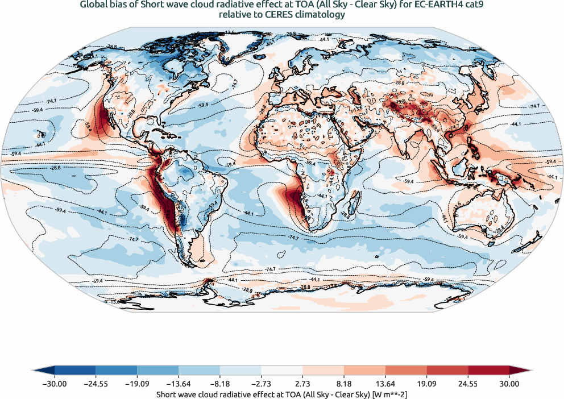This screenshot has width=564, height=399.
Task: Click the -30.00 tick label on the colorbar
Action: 55,384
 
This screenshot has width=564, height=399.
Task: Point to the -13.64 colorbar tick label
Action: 179,384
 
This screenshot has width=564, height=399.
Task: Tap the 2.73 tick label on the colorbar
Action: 302,384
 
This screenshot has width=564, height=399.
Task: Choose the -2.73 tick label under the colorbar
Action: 261,384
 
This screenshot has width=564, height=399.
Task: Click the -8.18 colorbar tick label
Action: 220,384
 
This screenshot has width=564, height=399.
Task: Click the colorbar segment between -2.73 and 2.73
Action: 282,370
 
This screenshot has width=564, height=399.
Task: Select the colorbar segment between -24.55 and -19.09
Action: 117,370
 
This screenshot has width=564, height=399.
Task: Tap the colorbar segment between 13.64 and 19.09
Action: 406,370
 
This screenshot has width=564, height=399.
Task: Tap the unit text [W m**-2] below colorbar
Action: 388,393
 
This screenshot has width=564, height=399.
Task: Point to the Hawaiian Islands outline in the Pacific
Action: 41,135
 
